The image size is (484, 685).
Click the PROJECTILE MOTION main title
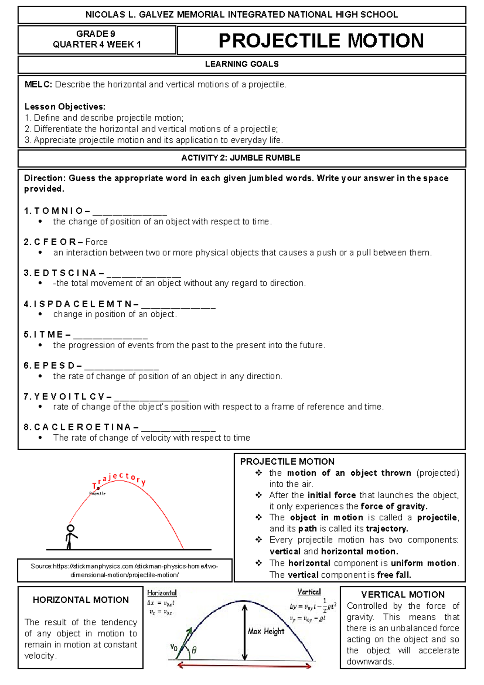[x=321, y=41]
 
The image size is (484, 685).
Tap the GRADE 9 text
[x=96, y=34]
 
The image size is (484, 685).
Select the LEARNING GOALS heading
[x=242, y=64]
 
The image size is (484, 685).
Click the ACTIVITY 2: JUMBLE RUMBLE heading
[x=241, y=158]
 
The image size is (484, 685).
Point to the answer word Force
[x=96, y=242]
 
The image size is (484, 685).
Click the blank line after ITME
[x=111, y=336]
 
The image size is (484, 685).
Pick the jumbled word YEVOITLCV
[x=69, y=397]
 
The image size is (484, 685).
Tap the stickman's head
[x=71, y=528]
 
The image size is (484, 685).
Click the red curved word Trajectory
[x=119, y=479]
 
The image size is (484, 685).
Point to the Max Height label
[x=266, y=631]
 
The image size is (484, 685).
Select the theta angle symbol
[x=194, y=650]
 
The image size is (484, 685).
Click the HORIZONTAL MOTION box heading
[x=81, y=600]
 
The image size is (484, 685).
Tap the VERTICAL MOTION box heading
[x=403, y=595]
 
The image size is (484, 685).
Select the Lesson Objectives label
[x=65, y=107]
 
